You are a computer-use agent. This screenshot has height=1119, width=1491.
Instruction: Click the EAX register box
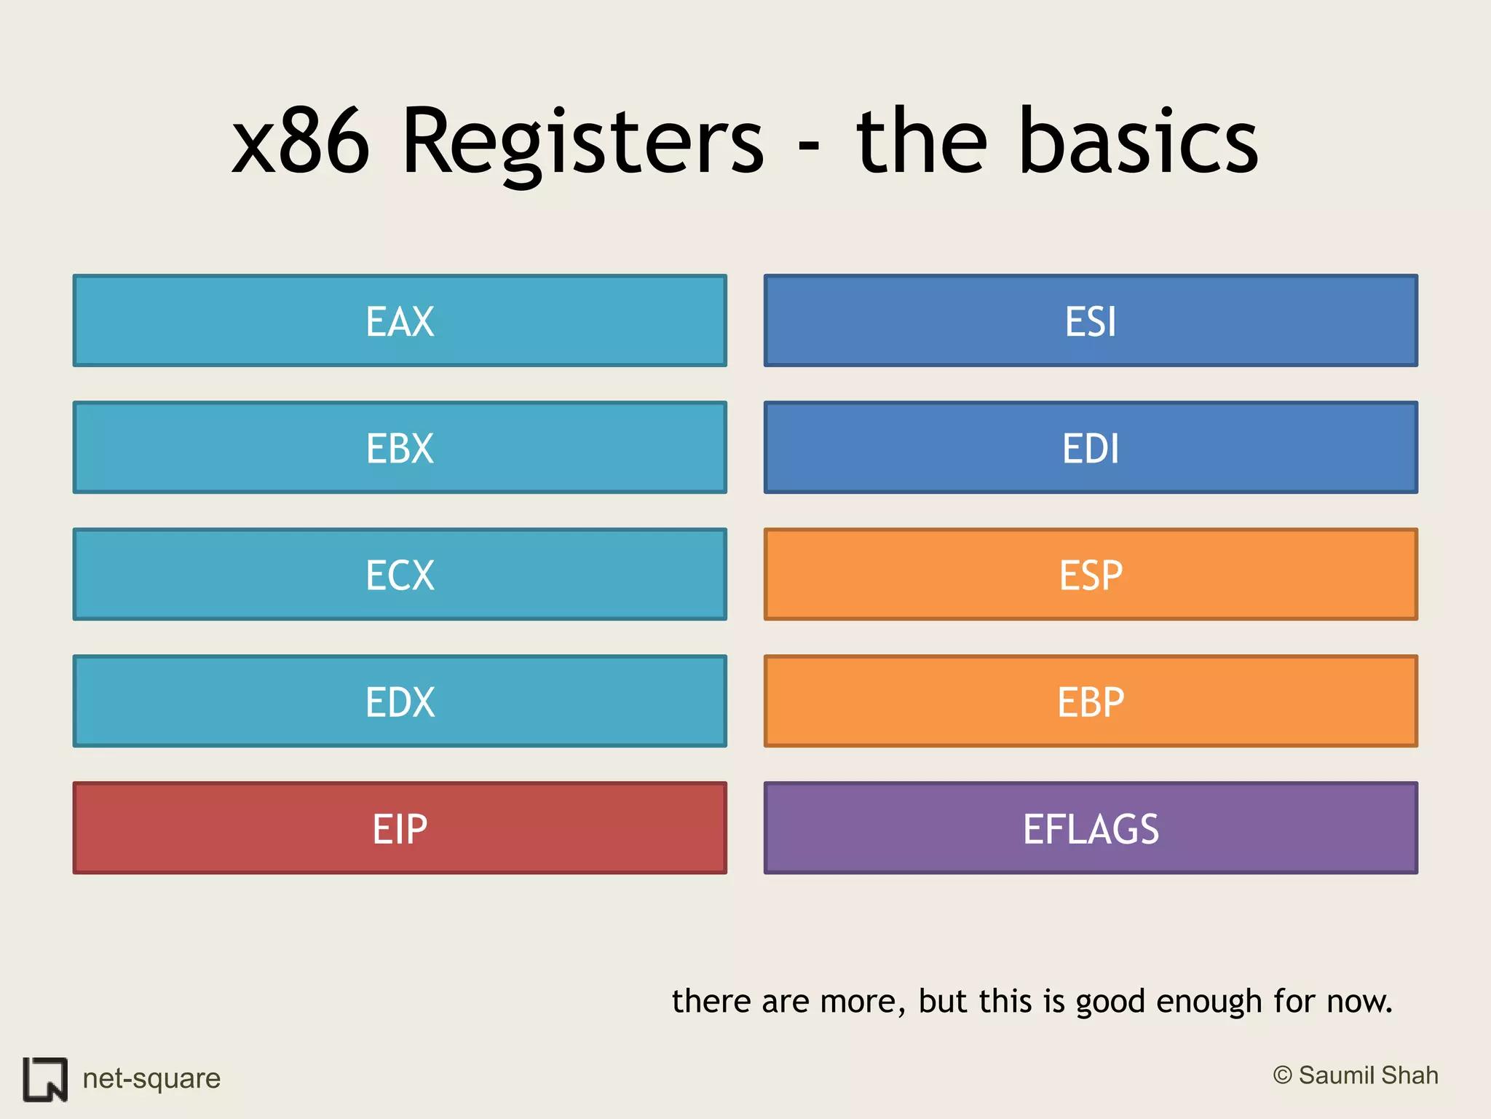pyautogui.click(x=400, y=321)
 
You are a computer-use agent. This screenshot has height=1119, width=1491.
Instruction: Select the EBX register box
pyautogui.click(x=400, y=448)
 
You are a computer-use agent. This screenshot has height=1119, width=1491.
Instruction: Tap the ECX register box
pyautogui.click(x=400, y=575)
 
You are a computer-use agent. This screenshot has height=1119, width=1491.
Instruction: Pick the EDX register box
pyautogui.click(x=400, y=702)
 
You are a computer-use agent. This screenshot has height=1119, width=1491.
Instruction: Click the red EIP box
pyautogui.click(x=400, y=828)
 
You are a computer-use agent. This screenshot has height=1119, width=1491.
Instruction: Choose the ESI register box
pyautogui.click(x=1091, y=321)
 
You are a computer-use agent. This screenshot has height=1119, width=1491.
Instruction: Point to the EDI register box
pyautogui.click(x=1091, y=448)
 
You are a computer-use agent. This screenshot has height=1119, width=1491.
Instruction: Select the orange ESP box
pyautogui.click(x=1091, y=575)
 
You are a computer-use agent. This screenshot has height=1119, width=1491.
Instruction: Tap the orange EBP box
pyautogui.click(x=1091, y=702)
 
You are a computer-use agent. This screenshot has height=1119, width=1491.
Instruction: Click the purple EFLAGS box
pyautogui.click(x=1091, y=828)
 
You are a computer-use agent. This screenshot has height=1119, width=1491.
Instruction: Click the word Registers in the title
pyautogui.click(x=582, y=142)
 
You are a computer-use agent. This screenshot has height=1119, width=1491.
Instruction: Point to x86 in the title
pyautogui.click(x=301, y=142)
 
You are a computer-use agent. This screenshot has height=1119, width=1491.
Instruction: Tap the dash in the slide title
pyautogui.click(x=808, y=146)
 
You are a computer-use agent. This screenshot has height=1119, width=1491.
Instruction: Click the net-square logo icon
pyautogui.click(x=45, y=1079)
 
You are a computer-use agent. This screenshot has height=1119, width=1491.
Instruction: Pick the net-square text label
pyautogui.click(x=151, y=1078)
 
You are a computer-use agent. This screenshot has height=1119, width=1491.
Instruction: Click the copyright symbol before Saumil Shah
pyautogui.click(x=1282, y=1075)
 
